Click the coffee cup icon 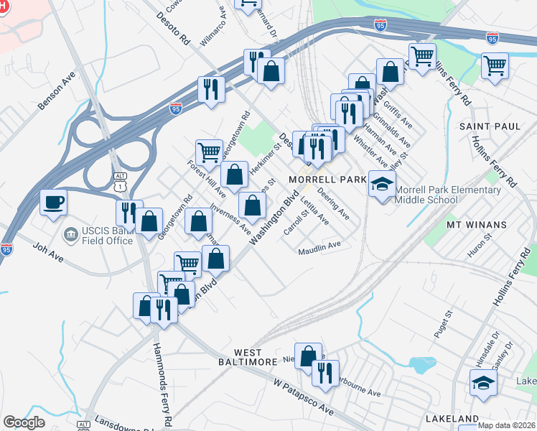tap(53, 203)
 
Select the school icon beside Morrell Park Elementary tap(382, 185)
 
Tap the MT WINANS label tap(477, 225)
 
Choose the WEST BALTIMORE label tap(247, 356)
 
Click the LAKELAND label tap(452, 418)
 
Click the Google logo tap(24, 422)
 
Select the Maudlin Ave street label tap(320, 248)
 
